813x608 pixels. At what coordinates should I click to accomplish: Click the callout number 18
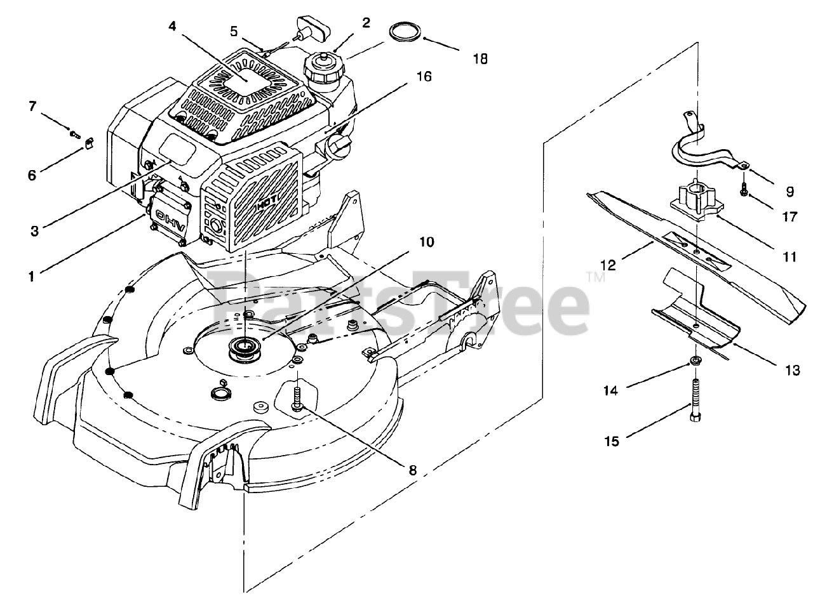click(x=480, y=59)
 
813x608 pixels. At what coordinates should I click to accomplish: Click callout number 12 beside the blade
click(x=608, y=264)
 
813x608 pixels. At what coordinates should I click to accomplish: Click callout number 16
click(x=424, y=77)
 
